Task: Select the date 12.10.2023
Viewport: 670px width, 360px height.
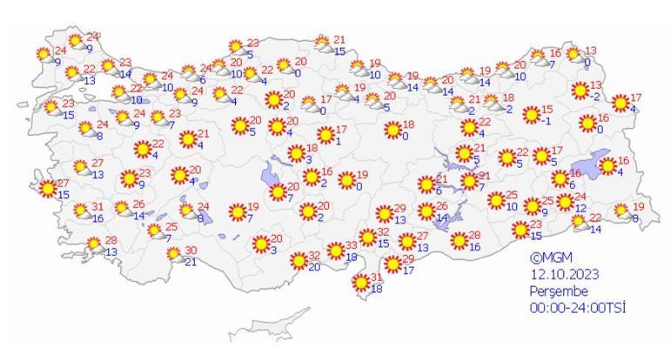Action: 564,275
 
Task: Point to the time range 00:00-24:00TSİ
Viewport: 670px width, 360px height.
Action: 579,308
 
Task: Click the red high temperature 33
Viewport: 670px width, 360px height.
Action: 352,246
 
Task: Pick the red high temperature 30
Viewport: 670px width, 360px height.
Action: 191,250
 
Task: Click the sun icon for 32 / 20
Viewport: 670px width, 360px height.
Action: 298,260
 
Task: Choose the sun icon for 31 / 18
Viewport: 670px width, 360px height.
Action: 360,282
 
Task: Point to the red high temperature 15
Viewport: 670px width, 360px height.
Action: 546,110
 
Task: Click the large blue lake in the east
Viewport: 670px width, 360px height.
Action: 601,162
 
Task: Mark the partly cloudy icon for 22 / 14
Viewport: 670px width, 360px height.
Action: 580,222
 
